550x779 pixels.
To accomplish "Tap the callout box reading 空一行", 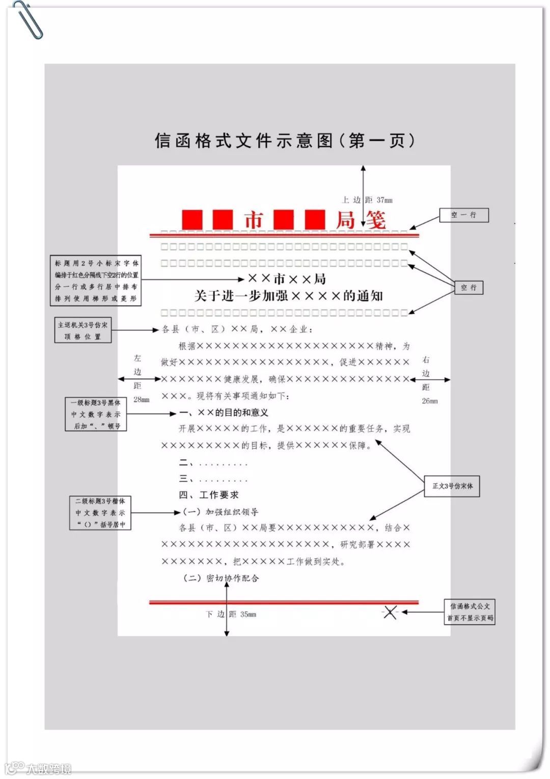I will (x=463, y=215).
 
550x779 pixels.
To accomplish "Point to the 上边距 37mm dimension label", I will (x=367, y=200).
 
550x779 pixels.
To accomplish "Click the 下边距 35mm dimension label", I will (x=231, y=615).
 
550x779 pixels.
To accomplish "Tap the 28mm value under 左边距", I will (x=141, y=400).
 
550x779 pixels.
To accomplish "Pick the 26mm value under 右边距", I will (x=429, y=401).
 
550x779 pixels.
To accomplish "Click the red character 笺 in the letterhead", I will (x=375, y=220).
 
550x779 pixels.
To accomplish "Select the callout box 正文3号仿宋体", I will (x=452, y=486).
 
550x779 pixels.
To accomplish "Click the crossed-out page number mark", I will (x=390, y=612).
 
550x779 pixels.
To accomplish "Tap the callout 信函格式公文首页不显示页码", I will (x=470, y=612).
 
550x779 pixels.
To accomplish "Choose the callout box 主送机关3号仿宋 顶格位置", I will (x=82, y=330).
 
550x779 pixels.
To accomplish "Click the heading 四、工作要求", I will (x=208, y=495).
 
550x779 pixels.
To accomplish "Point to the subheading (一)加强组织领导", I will (x=220, y=512).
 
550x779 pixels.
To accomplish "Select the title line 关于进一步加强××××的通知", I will (x=288, y=296).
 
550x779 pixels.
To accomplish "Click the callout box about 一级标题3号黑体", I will (x=96, y=414).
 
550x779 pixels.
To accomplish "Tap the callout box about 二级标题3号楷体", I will (x=100, y=513).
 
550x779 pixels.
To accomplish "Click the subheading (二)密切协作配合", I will (x=221, y=578).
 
